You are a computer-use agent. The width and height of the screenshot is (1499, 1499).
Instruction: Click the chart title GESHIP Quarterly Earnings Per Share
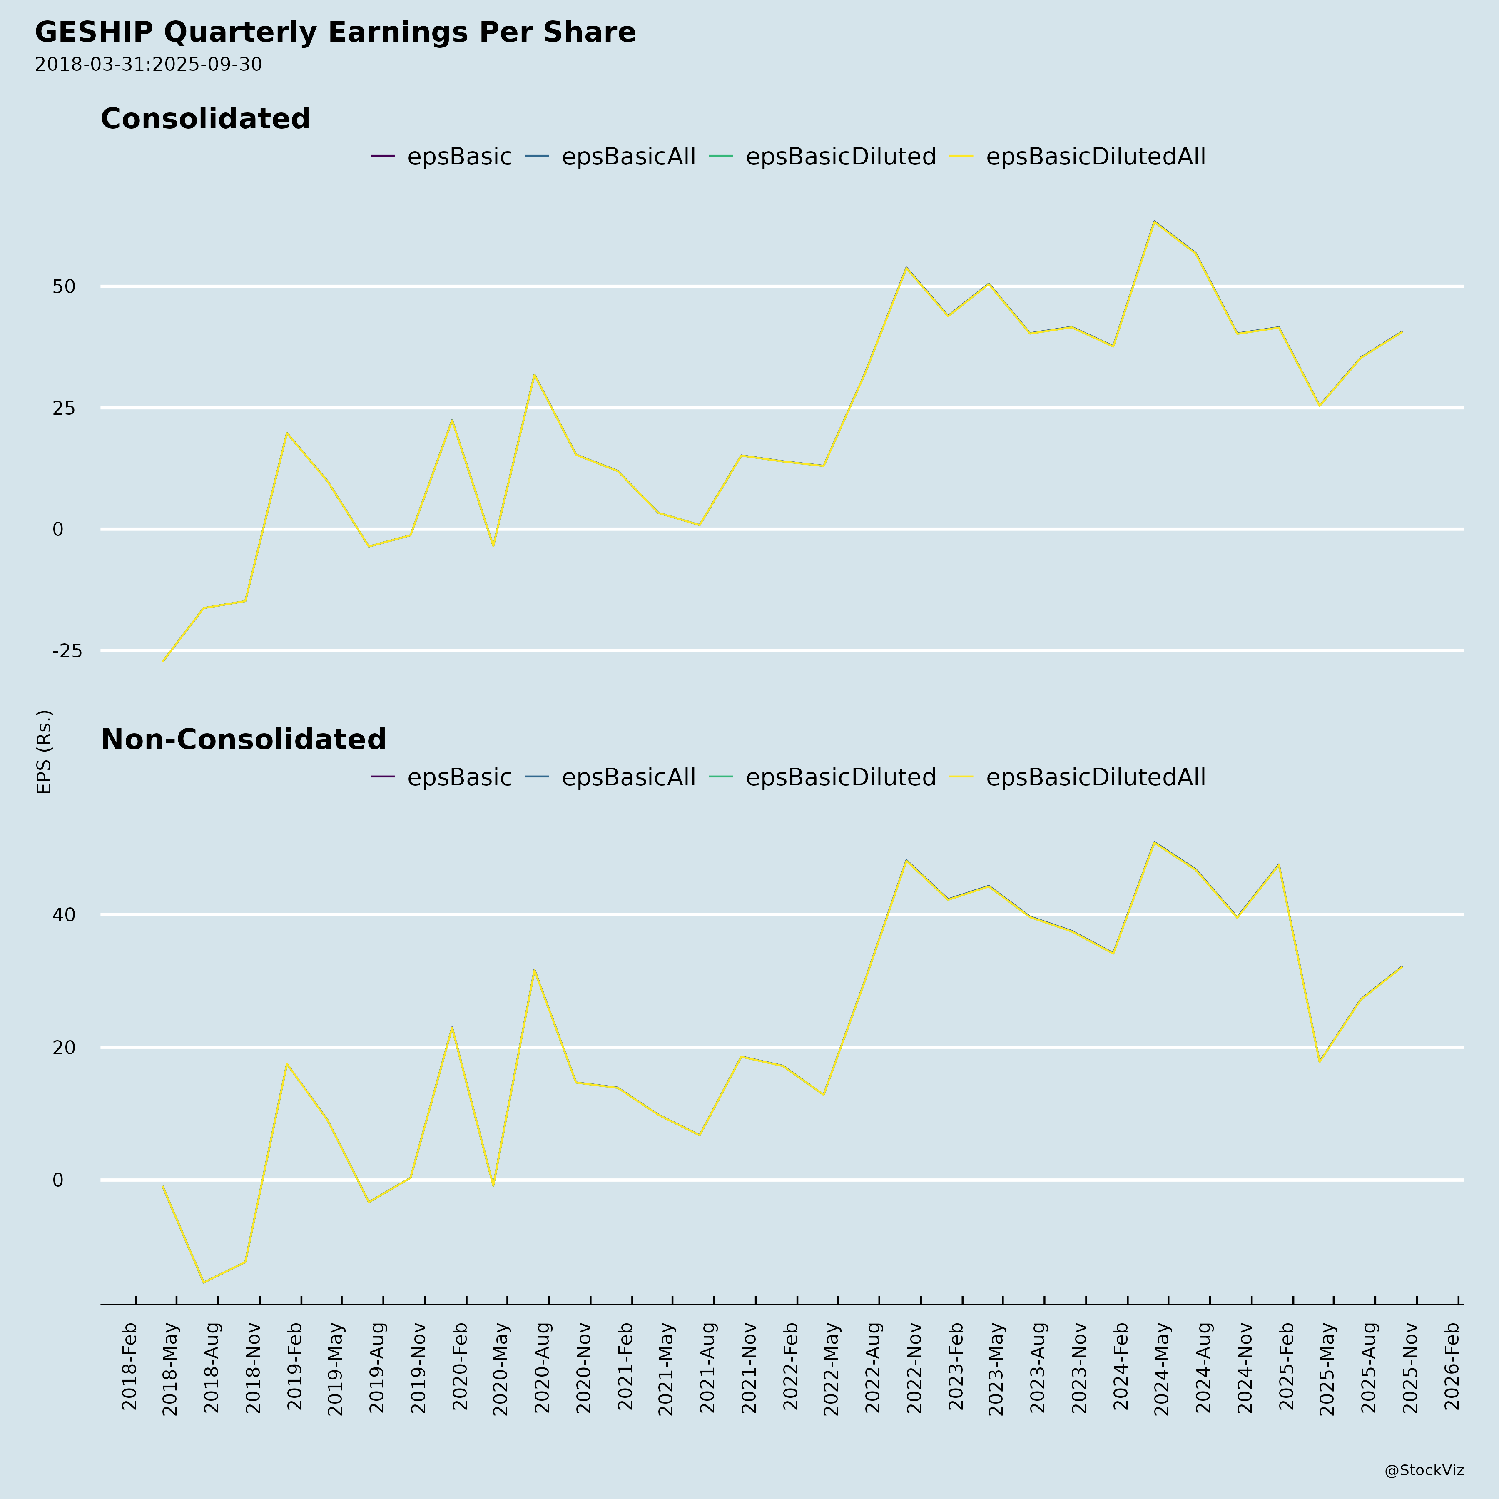click(x=335, y=32)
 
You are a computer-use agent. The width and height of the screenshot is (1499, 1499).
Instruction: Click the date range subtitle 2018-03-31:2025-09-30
click(x=148, y=65)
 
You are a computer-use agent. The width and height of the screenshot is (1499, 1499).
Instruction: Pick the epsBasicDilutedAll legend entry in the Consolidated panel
click(x=1095, y=157)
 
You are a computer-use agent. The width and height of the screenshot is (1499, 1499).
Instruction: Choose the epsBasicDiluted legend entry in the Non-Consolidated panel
click(x=840, y=777)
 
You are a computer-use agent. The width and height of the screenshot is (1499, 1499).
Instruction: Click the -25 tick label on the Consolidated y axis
click(x=67, y=651)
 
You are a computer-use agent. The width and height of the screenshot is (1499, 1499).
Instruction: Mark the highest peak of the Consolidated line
click(x=1155, y=221)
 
